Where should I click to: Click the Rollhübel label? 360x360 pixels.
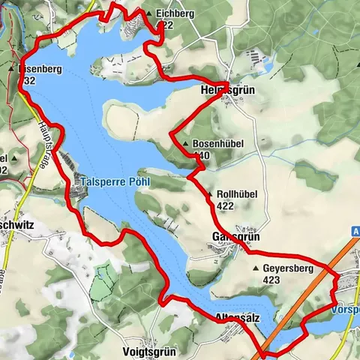pos(237,194)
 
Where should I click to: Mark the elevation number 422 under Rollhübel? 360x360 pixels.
pos(226,205)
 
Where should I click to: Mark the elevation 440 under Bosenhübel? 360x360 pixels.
pos(201,155)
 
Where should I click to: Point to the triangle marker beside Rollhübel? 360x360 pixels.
pos(209,194)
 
